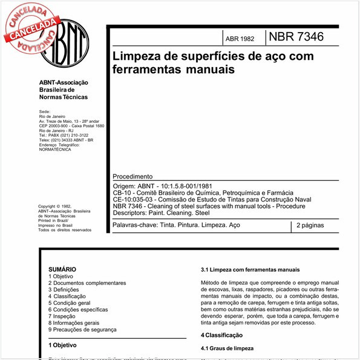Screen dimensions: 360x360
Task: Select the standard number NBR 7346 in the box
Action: (x=296, y=37)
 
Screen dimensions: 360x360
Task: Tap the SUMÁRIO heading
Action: (x=62, y=268)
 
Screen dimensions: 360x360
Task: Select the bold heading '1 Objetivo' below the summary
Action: (x=62, y=345)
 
